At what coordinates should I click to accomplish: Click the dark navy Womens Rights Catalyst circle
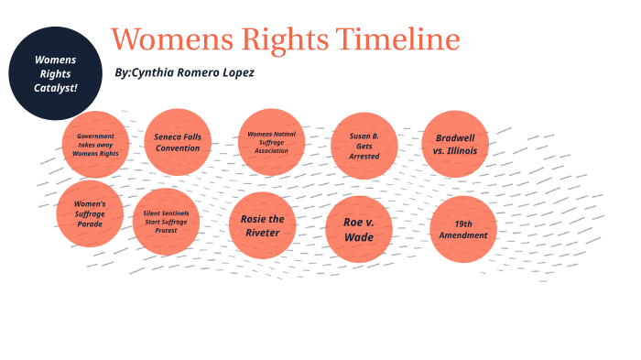click(55, 73)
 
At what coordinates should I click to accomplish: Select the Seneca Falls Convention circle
click(178, 143)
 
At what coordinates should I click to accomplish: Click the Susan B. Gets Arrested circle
click(364, 146)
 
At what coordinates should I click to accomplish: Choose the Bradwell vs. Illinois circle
click(455, 144)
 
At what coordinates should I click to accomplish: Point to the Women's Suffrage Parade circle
click(90, 214)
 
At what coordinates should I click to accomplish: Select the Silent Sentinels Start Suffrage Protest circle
click(166, 220)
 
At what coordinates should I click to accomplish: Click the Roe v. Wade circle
click(359, 229)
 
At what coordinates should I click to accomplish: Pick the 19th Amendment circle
click(463, 229)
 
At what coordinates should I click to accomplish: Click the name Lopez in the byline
click(234, 72)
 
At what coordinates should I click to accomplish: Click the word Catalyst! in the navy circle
click(56, 88)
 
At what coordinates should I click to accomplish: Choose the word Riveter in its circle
click(263, 233)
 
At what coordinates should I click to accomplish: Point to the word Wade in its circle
click(359, 237)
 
